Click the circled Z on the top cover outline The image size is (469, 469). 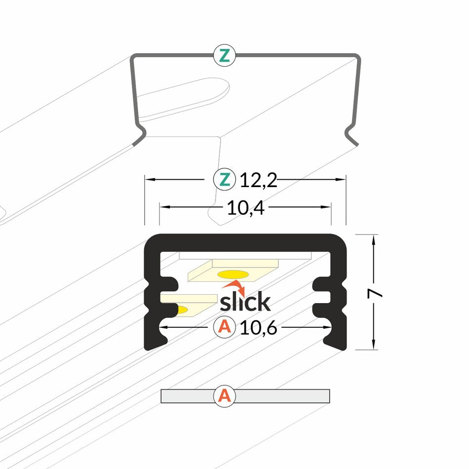(225, 56)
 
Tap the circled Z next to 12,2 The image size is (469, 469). (225, 180)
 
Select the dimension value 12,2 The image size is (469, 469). (259, 180)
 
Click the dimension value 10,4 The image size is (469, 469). (246, 208)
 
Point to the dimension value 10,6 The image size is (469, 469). (258, 327)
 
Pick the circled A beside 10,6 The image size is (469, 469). (225, 327)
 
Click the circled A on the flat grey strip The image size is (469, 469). (225, 396)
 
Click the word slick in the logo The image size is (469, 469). (245, 302)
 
